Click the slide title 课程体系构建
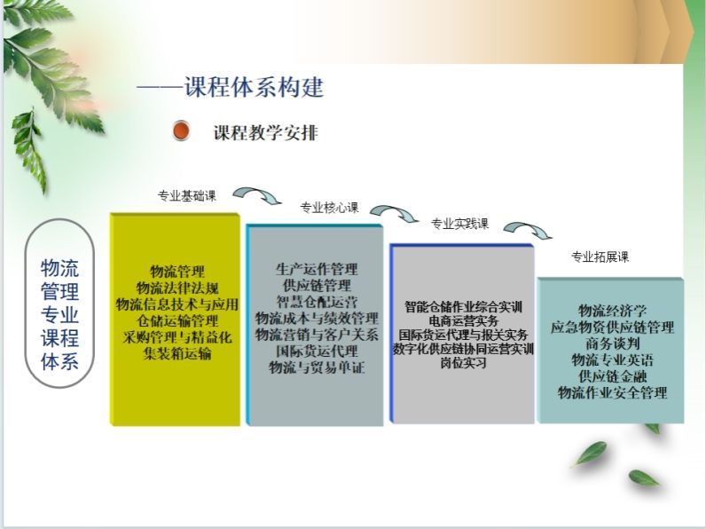[255, 86]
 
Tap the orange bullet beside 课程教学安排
[181, 130]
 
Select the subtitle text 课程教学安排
[266, 132]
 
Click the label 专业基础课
[187, 195]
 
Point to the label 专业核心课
[330, 208]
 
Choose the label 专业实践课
[459, 224]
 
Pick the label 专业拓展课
[600, 257]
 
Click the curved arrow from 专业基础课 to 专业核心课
[257, 193]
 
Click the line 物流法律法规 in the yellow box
[177, 288]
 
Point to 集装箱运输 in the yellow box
[177, 353]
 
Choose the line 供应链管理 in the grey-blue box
[317, 285]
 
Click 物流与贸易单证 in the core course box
[317, 367]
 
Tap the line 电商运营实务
[464, 320]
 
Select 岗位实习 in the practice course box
[464, 363]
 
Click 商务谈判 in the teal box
[612, 343]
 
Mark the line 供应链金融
[612, 375]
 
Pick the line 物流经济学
[612, 311]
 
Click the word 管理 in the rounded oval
[60, 291]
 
